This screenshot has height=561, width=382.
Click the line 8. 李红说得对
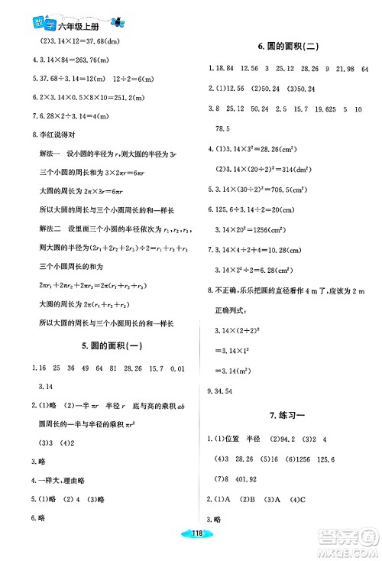45,135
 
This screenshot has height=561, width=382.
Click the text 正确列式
235,312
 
